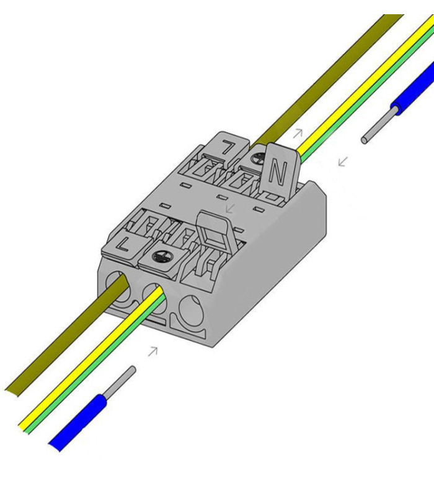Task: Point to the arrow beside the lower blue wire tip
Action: click(152, 351)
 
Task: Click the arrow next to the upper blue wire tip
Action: click(342, 162)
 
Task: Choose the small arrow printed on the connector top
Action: click(230, 207)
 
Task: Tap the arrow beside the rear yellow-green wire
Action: click(298, 132)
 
